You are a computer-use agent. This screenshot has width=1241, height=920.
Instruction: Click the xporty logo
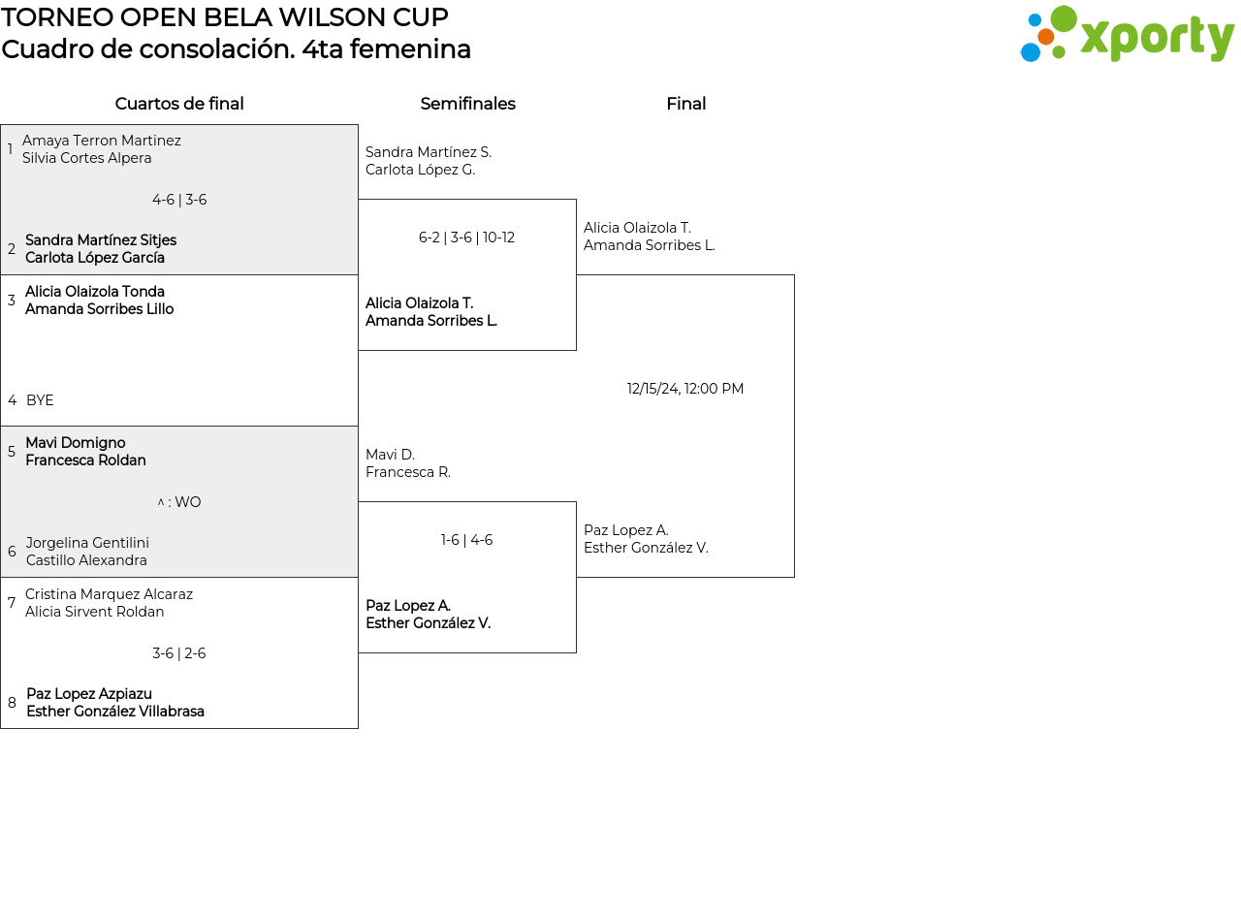(1127, 35)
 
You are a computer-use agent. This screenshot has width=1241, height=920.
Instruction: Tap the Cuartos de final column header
(179, 104)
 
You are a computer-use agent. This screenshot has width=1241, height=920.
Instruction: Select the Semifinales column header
(467, 104)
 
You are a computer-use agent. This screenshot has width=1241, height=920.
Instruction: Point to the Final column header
(685, 104)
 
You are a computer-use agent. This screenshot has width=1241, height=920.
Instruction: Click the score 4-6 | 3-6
(179, 200)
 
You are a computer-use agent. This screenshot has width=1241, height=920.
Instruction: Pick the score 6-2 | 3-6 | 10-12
(466, 238)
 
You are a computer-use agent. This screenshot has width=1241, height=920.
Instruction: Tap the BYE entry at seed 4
(40, 400)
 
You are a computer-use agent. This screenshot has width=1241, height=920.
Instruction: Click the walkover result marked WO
(179, 502)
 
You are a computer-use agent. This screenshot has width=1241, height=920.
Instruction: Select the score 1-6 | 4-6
(466, 540)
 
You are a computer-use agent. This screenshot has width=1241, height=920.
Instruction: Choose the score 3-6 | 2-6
(179, 653)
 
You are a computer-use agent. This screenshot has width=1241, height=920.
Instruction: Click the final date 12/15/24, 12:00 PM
(685, 389)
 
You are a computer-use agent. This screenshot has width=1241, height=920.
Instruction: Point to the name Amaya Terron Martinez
(102, 141)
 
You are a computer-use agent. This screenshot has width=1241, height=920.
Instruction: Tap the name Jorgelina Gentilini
(87, 543)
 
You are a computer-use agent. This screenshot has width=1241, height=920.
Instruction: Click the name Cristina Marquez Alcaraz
(109, 594)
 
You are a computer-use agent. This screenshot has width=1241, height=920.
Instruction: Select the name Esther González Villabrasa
(115, 712)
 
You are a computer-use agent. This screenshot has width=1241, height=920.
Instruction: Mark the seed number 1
(10, 149)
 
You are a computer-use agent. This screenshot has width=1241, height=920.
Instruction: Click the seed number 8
(12, 703)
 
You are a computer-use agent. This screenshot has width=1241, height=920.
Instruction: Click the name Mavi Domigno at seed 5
(76, 443)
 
